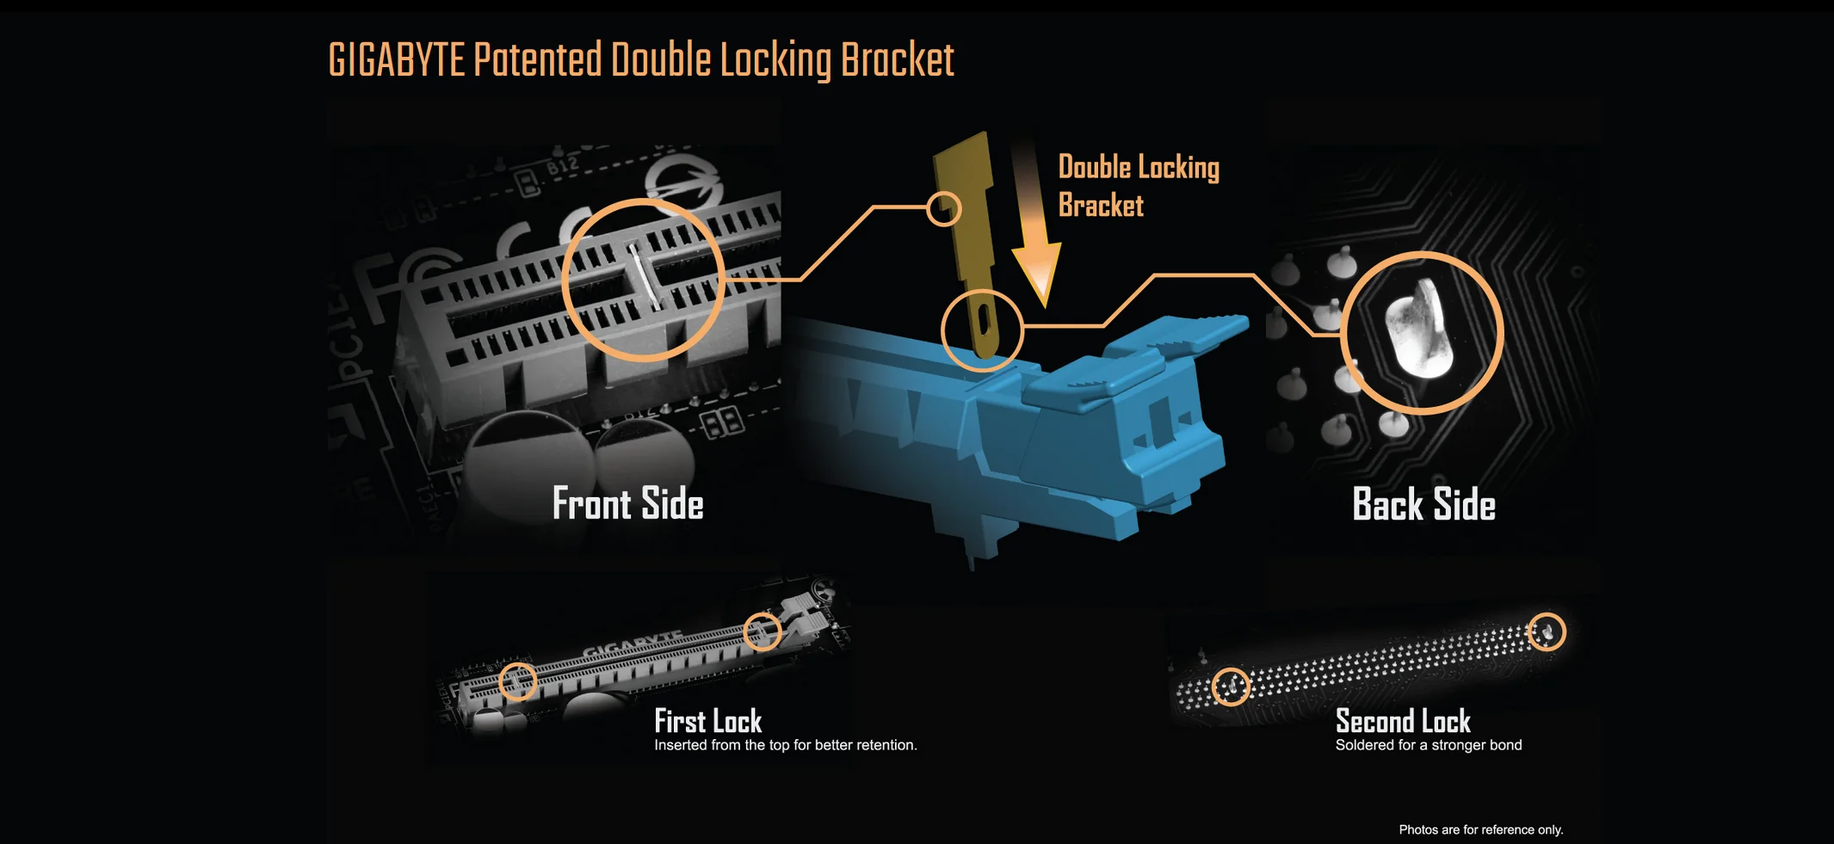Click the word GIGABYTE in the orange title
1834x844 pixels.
coord(397,60)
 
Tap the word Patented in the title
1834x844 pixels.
coord(538,60)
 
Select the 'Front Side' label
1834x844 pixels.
coord(627,504)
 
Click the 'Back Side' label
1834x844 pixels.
coord(1423,504)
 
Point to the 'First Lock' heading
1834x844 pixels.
coord(707,721)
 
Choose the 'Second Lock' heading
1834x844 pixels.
coord(1403,721)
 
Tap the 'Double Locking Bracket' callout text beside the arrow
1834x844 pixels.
coord(1139,186)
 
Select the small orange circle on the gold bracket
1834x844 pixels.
coord(943,208)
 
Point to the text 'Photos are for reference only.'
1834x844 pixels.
coord(1480,829)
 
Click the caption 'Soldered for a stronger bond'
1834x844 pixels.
coord(1429,745)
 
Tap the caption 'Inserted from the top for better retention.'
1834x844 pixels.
coord(786,745)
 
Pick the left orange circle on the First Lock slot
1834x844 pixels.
coord(517,681)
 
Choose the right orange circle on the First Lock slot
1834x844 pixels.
coord(762,631)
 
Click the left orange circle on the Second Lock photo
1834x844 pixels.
coord(1231,687)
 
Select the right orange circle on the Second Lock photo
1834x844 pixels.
coord(1547,631)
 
